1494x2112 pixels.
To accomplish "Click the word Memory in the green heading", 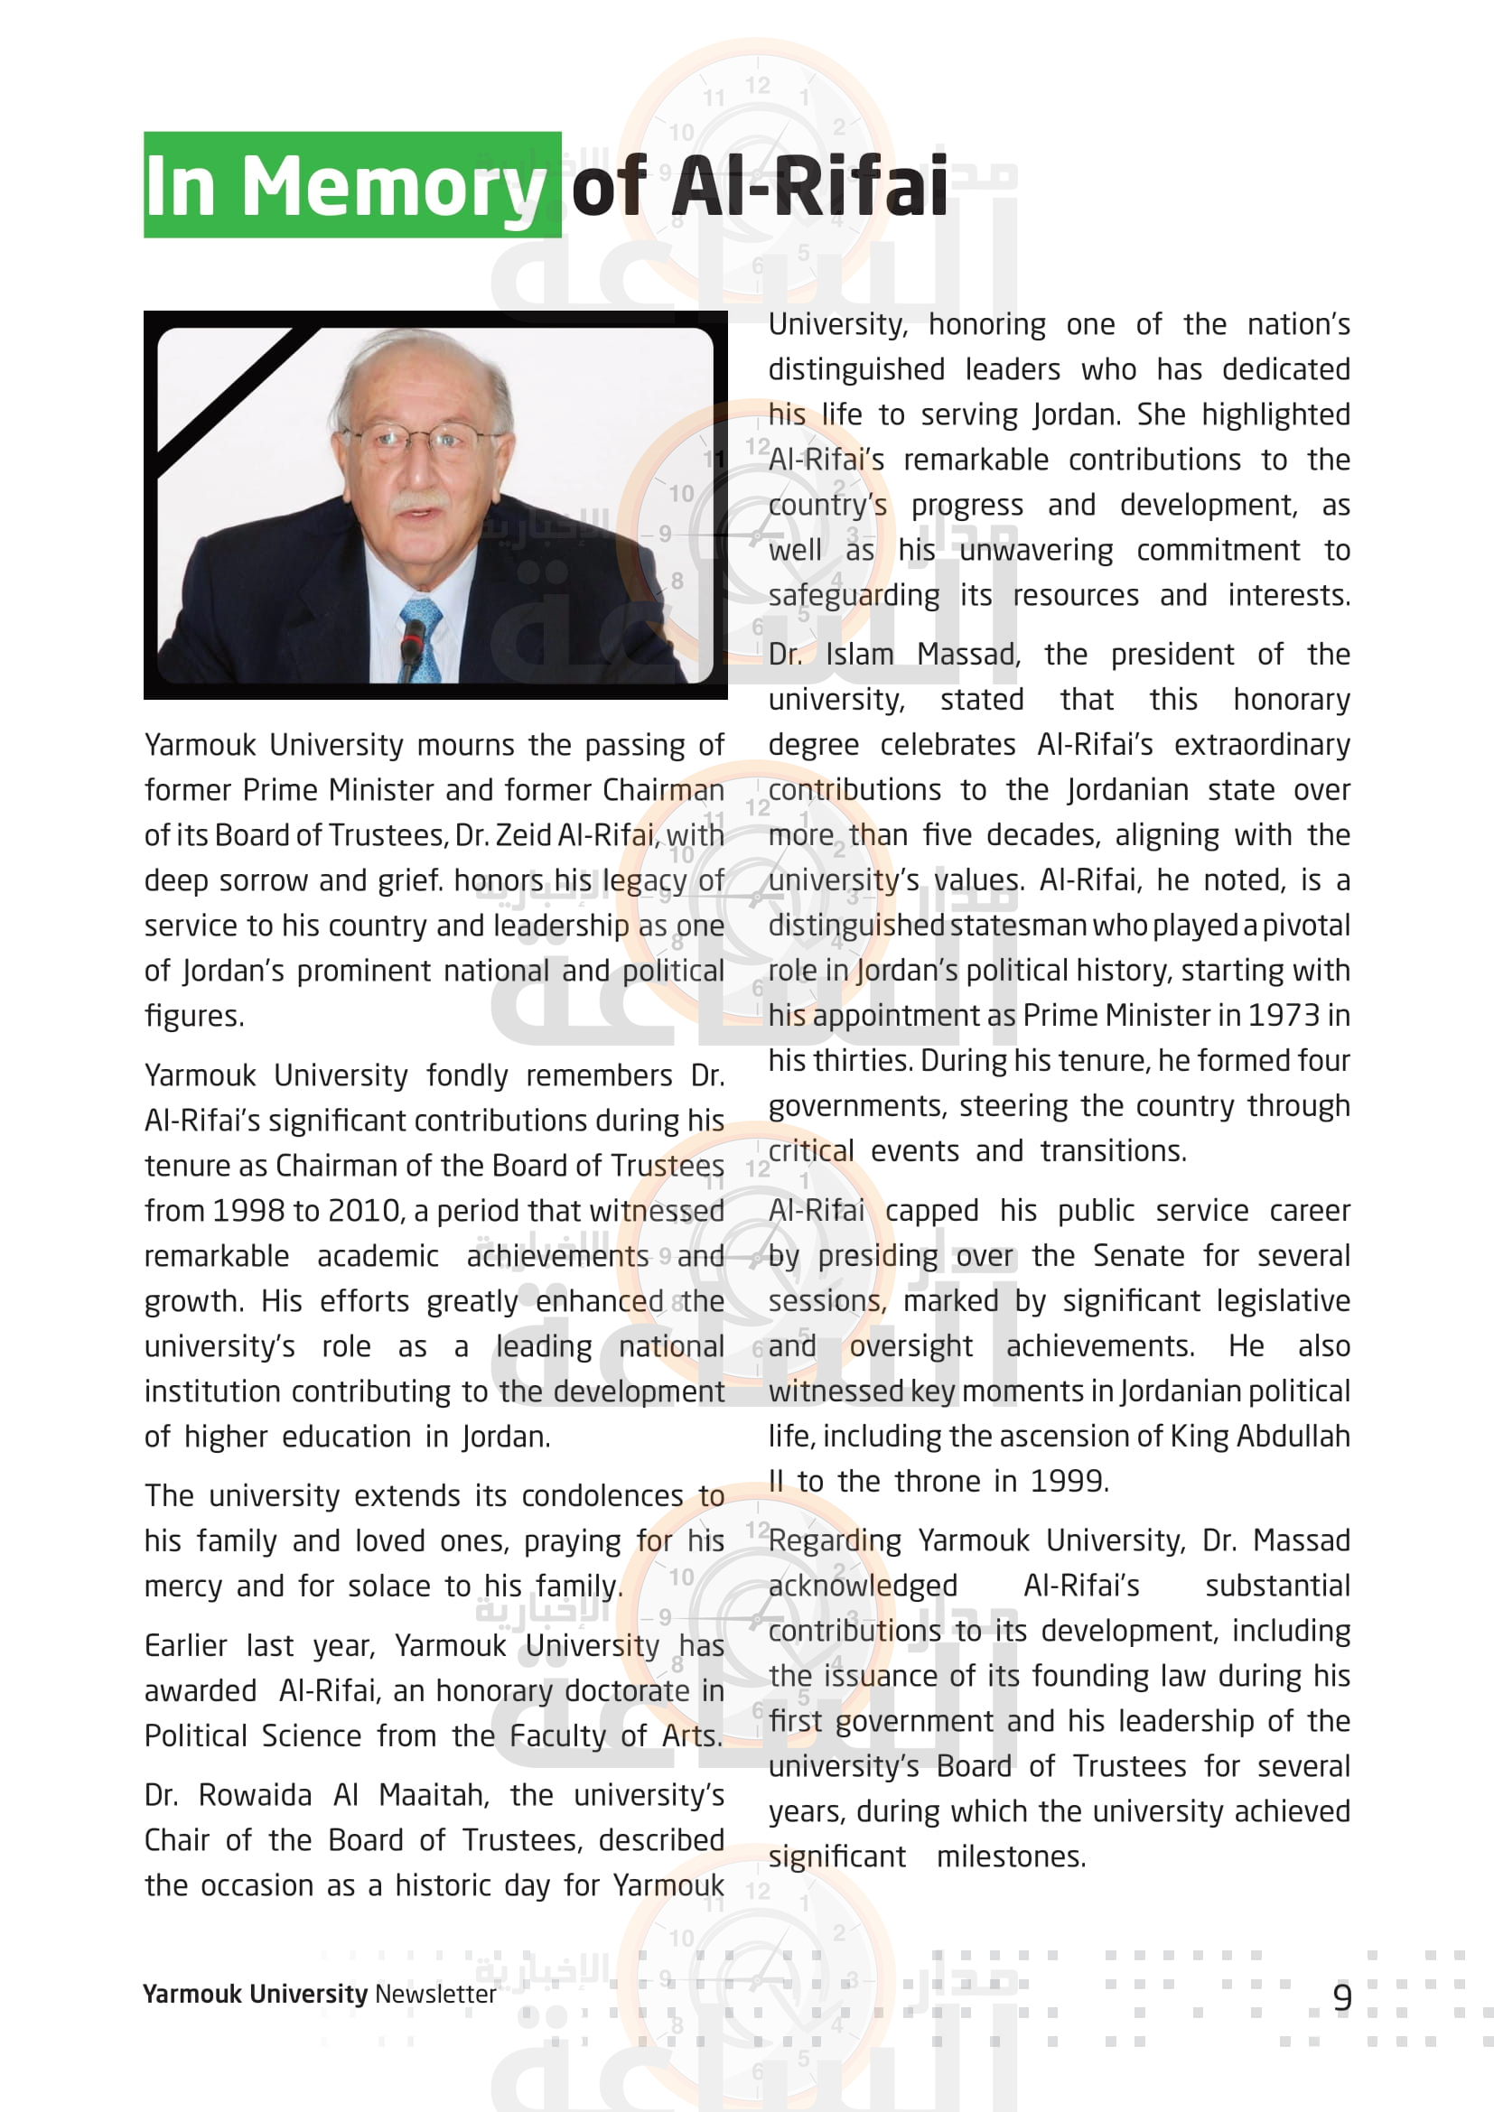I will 393,187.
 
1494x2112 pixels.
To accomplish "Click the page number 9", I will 1342,1998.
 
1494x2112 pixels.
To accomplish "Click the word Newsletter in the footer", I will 435,1995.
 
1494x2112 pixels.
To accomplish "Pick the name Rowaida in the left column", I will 255,1796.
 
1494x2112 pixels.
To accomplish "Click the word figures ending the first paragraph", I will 193,1017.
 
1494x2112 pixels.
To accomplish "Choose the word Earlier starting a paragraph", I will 186,1646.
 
